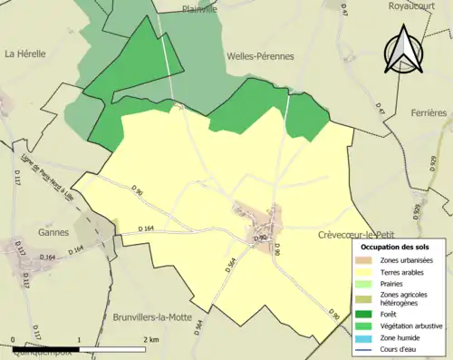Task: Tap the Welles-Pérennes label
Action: pos(259,55)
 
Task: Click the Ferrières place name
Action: pos(429,112)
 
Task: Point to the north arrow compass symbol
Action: pos(401,51)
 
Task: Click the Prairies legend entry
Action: pos(391,282)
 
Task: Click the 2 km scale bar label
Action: pos(151,339)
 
